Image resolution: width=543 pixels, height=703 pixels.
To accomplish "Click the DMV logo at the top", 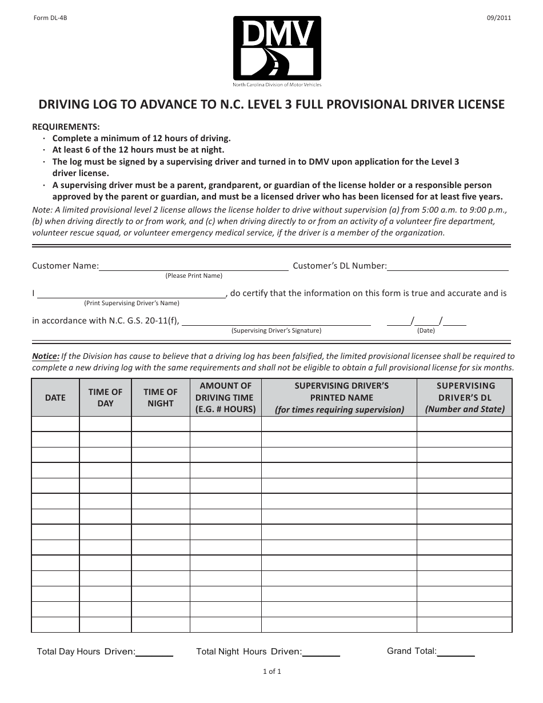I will [277, 51].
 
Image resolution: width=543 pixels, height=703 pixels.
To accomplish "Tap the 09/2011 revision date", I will [498, 18].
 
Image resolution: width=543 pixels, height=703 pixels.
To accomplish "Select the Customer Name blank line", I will [194, 266].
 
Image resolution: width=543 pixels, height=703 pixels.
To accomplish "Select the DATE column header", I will [55, 398].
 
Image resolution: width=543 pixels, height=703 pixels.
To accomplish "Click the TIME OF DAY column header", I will [105, 398].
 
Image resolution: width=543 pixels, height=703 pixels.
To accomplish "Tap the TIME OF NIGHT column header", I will [161, 398].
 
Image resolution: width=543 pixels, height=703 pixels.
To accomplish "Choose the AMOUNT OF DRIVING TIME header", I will [225, 398].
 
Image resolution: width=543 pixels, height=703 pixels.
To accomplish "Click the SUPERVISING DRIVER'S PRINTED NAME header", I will [341, 398].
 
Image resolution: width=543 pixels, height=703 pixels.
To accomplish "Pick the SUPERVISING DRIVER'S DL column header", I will [465, 398].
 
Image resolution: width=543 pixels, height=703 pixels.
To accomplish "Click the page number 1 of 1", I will [272, 672].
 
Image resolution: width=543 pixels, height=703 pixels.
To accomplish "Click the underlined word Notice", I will [45, 356].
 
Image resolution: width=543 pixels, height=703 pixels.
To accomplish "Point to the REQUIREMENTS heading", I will [66, 127].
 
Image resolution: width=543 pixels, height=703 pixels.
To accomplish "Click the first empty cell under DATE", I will [55, 424].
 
